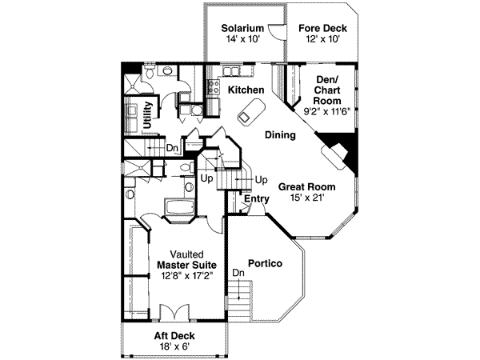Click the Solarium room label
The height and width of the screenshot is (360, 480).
(x=242, y=28)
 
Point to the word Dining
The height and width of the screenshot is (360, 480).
(x=280, y=135)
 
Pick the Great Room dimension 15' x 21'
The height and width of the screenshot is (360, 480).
(x=306, y=198)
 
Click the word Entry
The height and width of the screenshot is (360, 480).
(x=257, y=198)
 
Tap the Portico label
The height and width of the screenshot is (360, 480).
(x=263, y=262)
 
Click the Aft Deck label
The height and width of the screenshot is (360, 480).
(x=174, y=335)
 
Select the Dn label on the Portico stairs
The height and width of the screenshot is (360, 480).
(x=238, y=274)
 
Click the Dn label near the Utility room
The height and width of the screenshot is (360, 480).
(x=173, y=147)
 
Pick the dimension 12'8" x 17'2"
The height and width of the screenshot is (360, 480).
(x=180, y=275)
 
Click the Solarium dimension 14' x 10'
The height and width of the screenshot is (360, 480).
(x=242, y=39)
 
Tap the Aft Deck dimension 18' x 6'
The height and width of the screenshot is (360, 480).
(x=174, y=346)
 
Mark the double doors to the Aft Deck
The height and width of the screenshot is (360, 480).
(x=174, y=314)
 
